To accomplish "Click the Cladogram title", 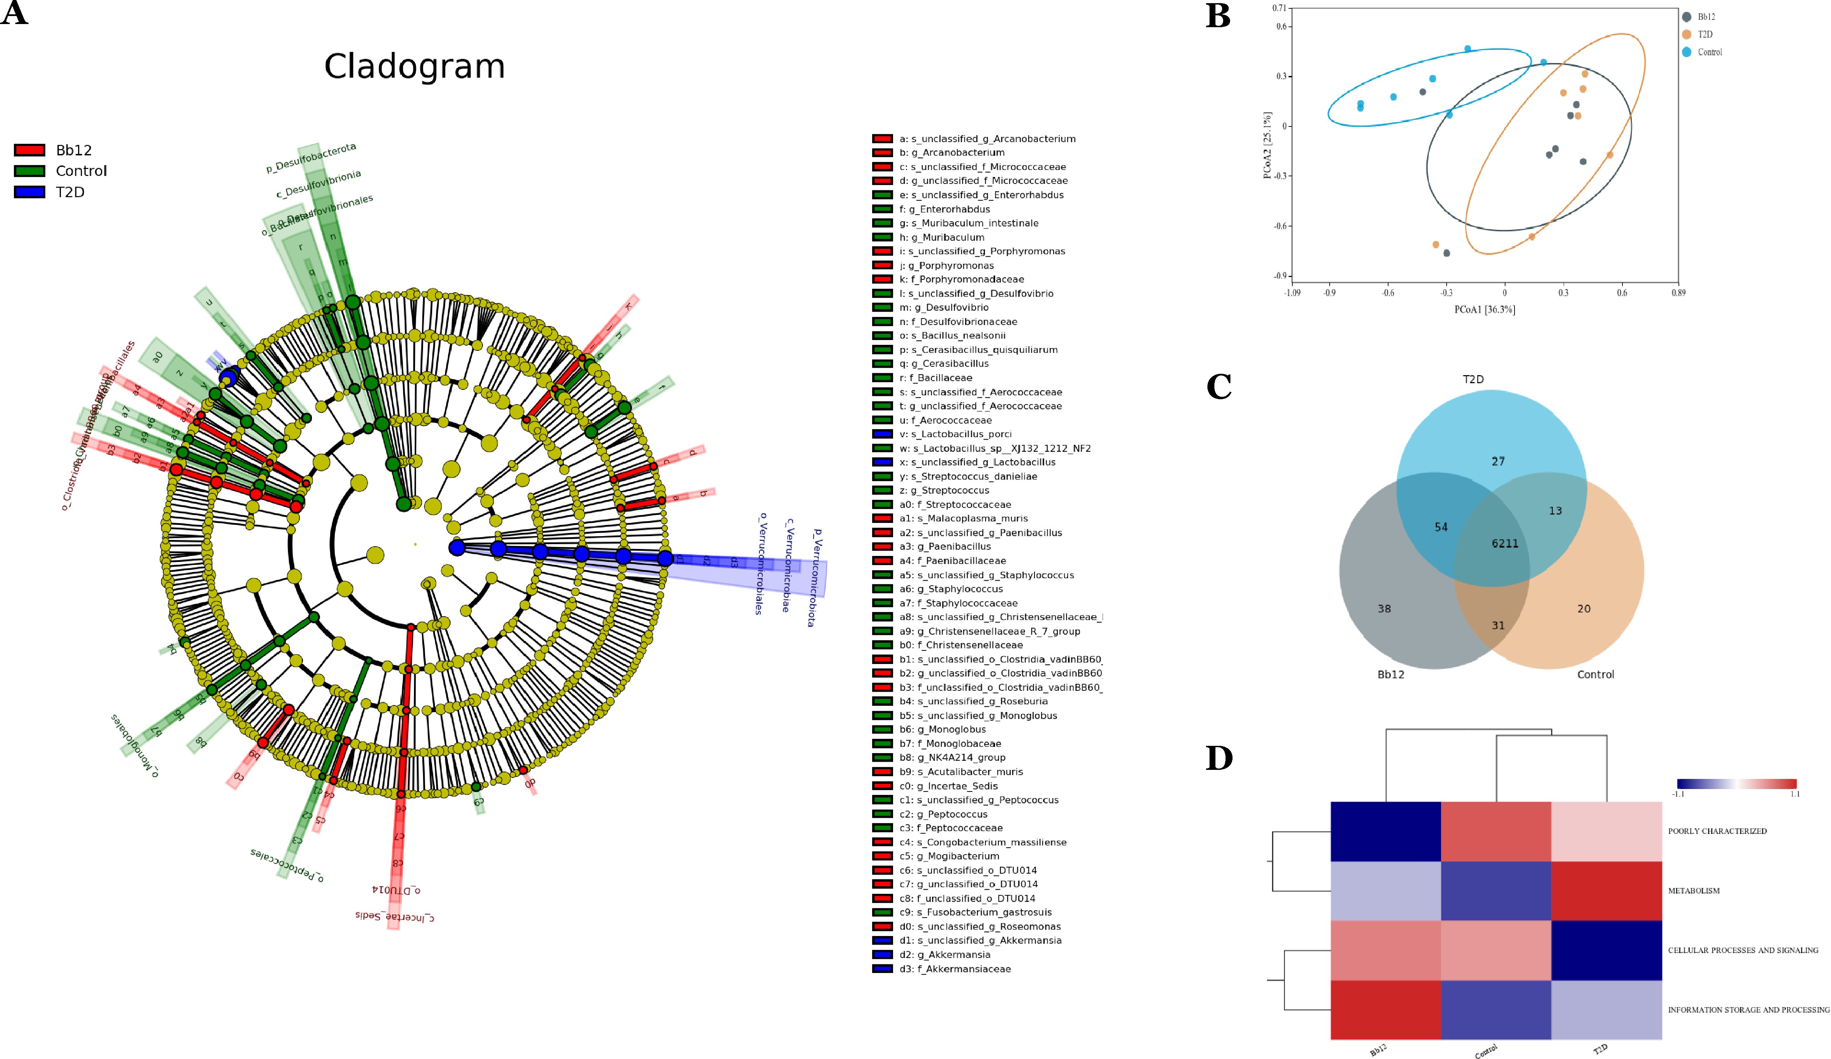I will pos(414,67).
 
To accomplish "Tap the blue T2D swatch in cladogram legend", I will pos(29,192).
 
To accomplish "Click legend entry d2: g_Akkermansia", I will pos(945,954).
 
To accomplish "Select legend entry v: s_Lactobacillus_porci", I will pos(955,434).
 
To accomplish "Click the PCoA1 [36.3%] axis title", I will pos(1485,310).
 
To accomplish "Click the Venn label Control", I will pos(1596,674).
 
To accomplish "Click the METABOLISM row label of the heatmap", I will pos(1694,890).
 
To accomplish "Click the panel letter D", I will pos(1219,758).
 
